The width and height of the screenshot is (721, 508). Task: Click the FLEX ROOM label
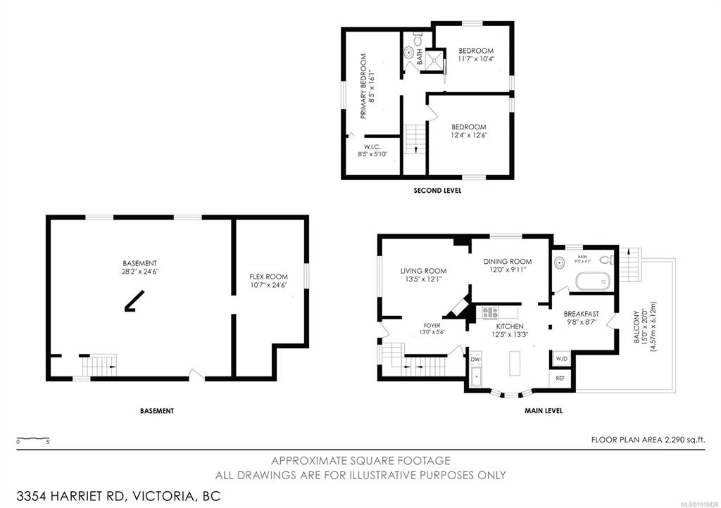click(x=268, y=277)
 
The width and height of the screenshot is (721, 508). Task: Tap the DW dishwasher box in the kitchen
click(x=475, y=359)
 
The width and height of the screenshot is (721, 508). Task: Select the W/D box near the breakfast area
click(x=561, y=358)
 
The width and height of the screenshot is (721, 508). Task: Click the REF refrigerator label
click(x=560, y=379)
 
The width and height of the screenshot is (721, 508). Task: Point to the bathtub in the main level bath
click(x=593, y=281)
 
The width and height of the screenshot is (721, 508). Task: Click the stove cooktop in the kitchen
click(x=490, y=313)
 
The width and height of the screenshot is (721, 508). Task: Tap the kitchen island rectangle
click(x=515, y=363)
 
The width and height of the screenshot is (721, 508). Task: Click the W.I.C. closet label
click(x=372, y=146)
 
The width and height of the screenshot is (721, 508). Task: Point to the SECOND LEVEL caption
click(x=437, y=190)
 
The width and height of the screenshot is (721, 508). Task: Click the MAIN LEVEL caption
click(x=544, y=411)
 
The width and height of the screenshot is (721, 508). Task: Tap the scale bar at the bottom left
click(x=33, y=438)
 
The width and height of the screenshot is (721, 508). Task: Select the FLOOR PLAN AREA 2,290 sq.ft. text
click(x=648, y=440)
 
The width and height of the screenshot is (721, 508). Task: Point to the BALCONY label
click(x=637, y=327)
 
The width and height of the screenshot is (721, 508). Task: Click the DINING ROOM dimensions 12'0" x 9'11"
click(x=508, y=269)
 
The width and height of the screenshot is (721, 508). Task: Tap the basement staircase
click(x=99, y=366)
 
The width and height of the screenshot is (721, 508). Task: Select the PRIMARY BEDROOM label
click(x=363, y=87)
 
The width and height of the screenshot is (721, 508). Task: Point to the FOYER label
click(x=432, y=325)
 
